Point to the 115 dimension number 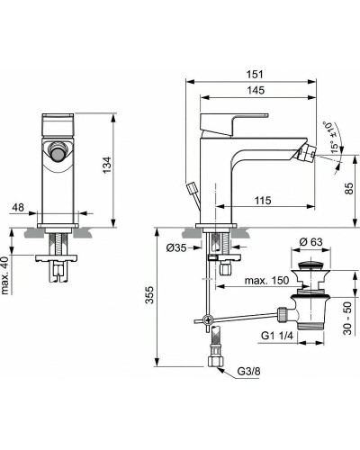pos(262,200)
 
